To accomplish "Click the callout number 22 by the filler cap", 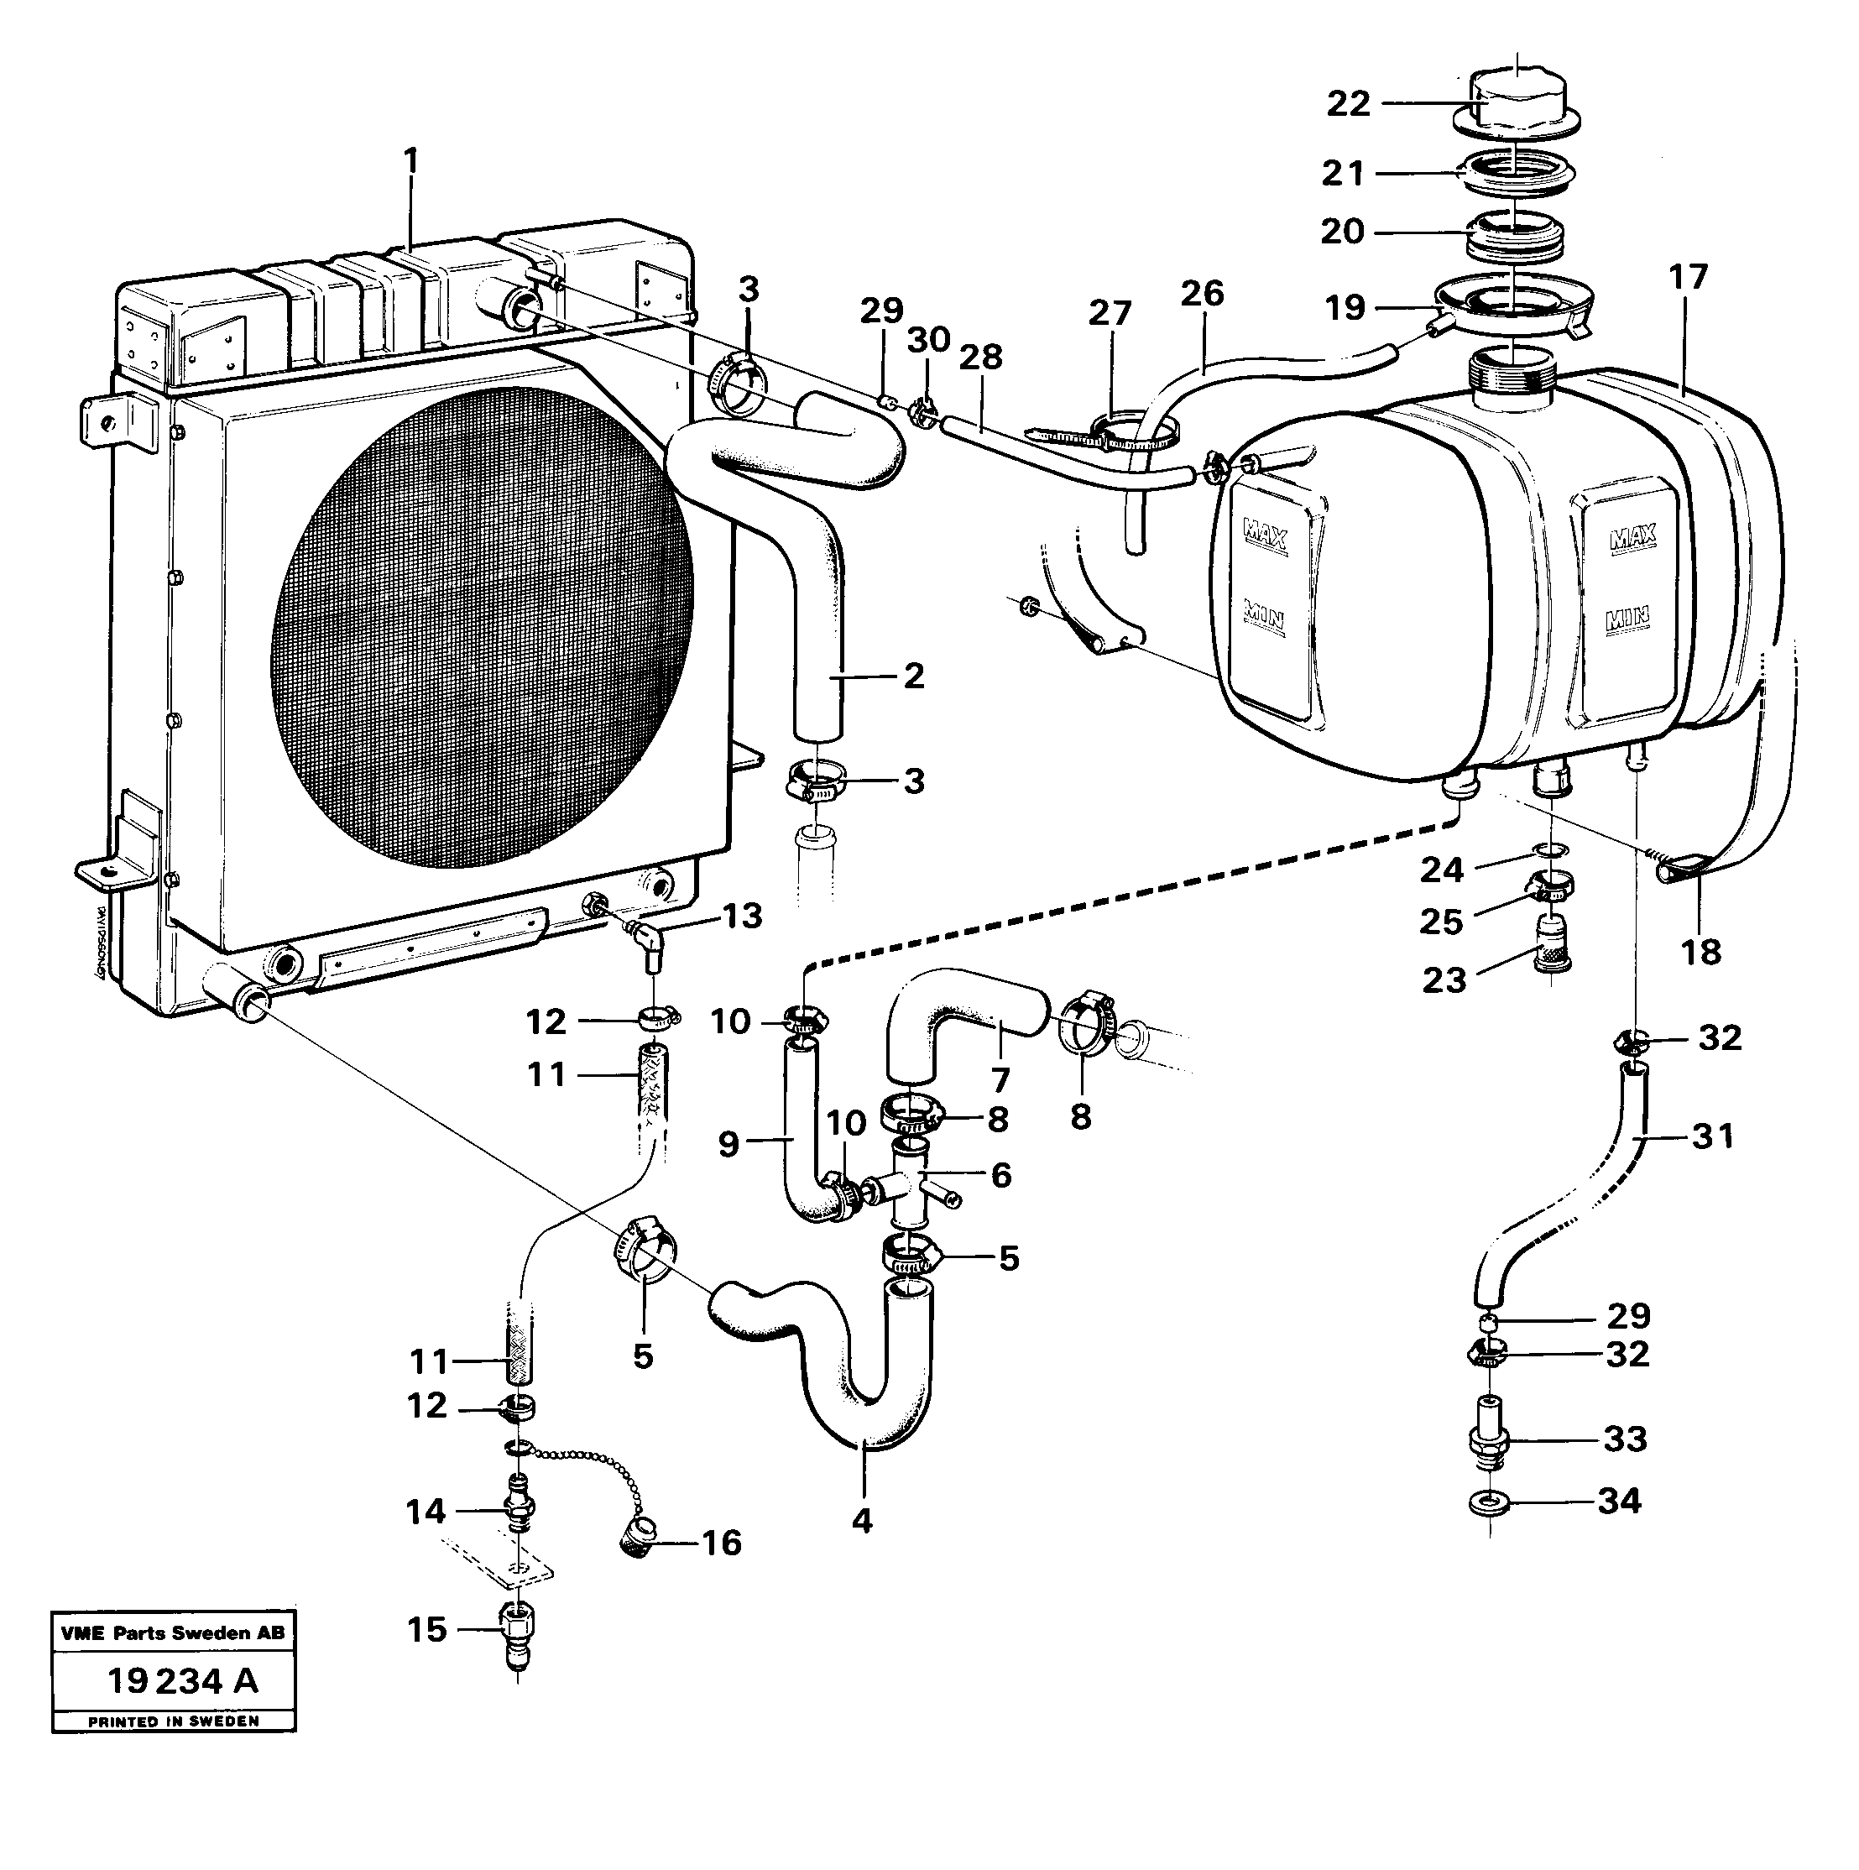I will [x=1348, y=102].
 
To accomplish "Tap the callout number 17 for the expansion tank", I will [x=1689, y=278].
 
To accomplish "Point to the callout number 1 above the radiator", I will [x=411, y=160].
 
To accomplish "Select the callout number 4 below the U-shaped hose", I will [x=861, y=1521].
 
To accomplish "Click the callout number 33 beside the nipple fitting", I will [x=1625, y=1439].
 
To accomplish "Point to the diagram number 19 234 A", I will [x=182, y=1681].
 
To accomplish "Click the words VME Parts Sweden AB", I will [x=172, y=1632].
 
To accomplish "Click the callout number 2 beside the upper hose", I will [x=913, y=676].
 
